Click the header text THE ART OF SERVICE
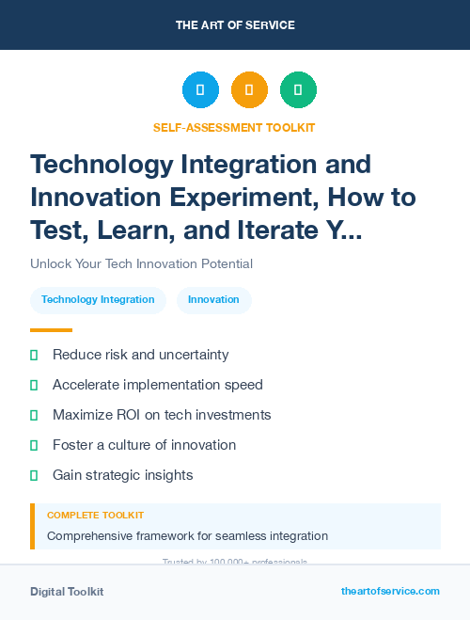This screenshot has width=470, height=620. click(235, 25)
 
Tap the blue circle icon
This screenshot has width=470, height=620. click(200, 89)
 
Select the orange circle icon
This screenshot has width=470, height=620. click(249, 89)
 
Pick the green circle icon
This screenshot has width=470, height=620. click(298, 89)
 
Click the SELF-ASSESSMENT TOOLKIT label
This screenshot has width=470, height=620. click(234, 127)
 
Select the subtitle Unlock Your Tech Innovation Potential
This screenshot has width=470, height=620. click(141, 263)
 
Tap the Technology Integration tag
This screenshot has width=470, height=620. click(98, 299)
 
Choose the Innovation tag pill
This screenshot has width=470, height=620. click(213, 299)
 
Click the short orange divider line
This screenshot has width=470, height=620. click(51, 330)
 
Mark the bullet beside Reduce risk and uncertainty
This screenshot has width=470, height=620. click(34, 355)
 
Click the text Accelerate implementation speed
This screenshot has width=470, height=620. click(158, 385)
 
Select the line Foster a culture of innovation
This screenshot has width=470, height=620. click(144, 445)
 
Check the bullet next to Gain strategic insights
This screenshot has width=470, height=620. click(34, 475)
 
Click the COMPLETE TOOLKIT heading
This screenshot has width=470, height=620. click(95, 516)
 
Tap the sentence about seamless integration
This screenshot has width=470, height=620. click(187, 536)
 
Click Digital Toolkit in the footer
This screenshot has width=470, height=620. click(67, 592)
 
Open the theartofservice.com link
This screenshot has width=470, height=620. click(390, 591)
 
